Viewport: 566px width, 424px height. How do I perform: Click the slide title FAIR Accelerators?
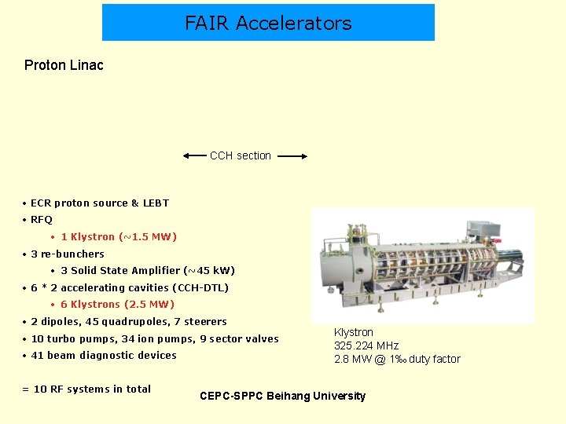268,23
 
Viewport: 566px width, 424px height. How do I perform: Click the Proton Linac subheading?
64,65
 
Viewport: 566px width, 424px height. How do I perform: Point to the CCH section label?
241,155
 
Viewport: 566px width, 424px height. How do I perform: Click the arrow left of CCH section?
194,156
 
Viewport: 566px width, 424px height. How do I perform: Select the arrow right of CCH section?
292,156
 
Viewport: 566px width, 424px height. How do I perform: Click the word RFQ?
42,220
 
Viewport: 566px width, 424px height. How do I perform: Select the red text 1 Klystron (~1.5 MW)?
119,237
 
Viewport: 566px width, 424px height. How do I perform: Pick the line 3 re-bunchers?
68,254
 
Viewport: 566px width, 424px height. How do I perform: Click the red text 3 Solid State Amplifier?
148,271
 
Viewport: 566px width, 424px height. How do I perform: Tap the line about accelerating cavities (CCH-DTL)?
130,288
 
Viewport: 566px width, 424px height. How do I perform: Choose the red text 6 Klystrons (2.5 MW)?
118,305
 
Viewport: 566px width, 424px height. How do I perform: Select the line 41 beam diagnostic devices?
104,356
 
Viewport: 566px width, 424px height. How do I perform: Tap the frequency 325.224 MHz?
366,345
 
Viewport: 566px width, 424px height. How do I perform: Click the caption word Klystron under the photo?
354,332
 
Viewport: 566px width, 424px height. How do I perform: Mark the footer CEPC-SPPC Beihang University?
283,396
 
